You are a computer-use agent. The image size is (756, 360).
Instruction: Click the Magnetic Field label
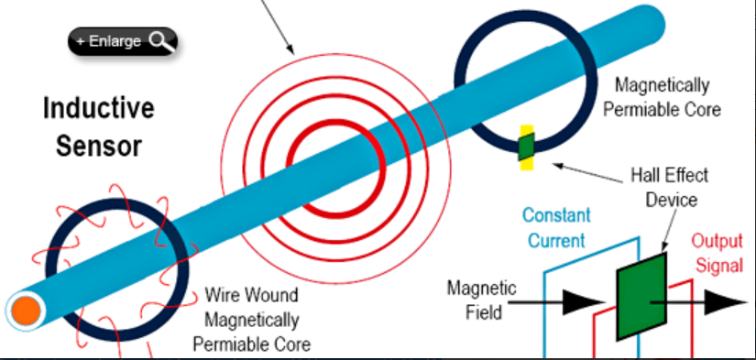[x=481, y=300]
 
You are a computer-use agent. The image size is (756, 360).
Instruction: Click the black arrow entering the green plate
[x=568, y=299]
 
